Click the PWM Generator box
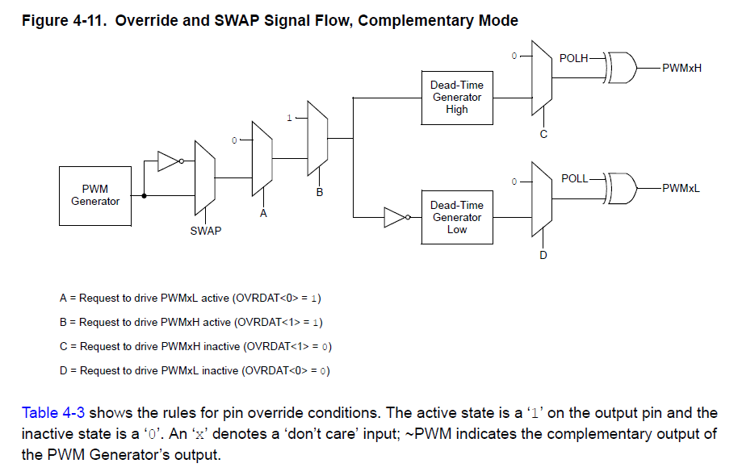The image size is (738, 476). tap(95, 195)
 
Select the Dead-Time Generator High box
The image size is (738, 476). tap(456, 98)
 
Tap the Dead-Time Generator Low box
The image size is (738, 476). tap(456, 217)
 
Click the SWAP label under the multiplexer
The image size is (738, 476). tap(205, 231)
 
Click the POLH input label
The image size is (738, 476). tap(574, 58)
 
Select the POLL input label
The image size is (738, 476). tap(574, 178)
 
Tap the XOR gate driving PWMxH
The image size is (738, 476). tap(623, 68)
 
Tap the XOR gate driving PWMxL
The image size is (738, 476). tap(623, 188)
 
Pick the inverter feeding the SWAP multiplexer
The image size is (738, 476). tap(170, 161)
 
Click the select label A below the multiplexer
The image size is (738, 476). tap(263, 214)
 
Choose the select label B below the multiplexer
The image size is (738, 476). tap(319, 193)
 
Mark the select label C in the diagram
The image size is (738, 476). tap(543, 134)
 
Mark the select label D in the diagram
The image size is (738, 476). tap(543, 255)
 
